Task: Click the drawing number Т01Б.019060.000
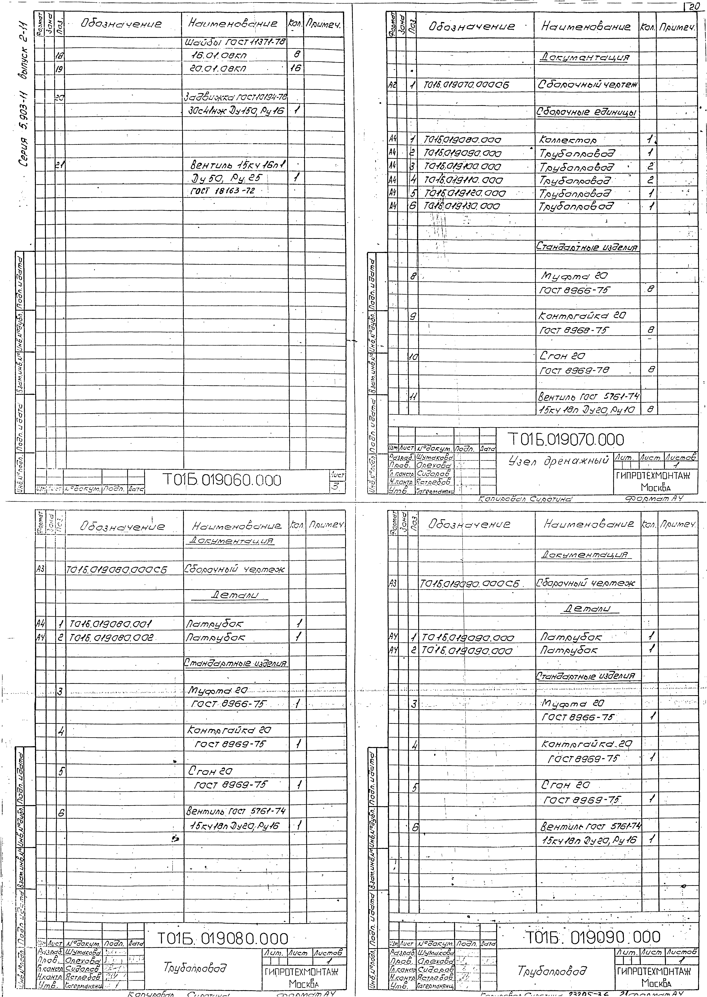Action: pyautogui.click(x=222, y=480)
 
